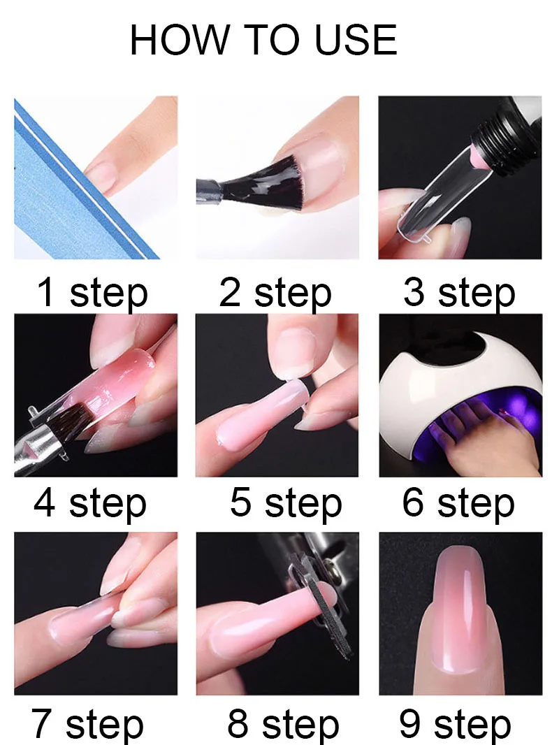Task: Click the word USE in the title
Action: coord(356,40)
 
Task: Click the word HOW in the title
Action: coord(179,40)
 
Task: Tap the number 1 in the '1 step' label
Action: coord(46,292)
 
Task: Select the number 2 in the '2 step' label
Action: coord(230,292)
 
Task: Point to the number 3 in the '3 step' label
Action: coord(414,292)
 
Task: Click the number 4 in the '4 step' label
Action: coord(44,503)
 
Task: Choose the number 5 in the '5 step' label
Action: coord(240,503)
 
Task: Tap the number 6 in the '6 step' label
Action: coord(413,503)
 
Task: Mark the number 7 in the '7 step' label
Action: coord(42,723)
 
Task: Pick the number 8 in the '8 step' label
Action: coord(238,723)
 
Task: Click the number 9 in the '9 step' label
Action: coord(410,723)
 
